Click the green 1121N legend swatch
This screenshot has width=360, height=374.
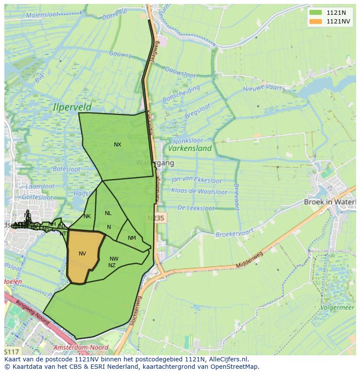coord(316,13)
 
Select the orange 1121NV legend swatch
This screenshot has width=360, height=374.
coord(316,21)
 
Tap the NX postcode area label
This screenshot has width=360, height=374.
coord(117,145)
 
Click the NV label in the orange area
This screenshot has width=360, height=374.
coord(82,254)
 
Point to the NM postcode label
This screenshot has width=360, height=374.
coord(132,238)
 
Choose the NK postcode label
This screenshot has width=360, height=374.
coord(87,216)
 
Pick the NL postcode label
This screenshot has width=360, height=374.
coord(108,213)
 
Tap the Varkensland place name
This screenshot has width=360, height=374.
coord(190,149)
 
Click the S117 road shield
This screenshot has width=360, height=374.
coord(12,351)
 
